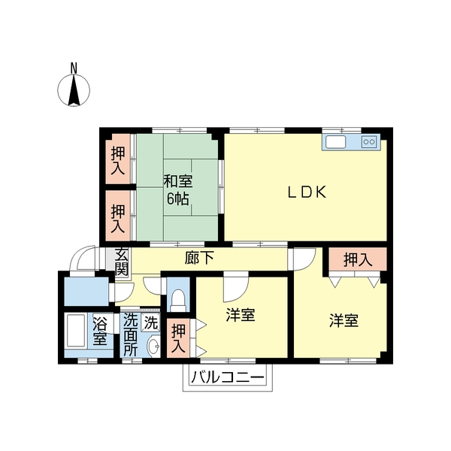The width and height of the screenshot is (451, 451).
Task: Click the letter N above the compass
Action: (x=74, y=68)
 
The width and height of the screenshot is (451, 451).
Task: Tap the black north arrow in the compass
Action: (x=74, y=90)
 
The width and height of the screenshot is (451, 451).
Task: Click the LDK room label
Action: (x=307, y=192)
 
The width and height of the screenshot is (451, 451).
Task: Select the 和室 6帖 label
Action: (x=178, y=190)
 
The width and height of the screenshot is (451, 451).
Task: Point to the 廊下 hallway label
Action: (x=199, y=258)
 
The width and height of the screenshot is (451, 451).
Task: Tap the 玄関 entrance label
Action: (x=121, y=262)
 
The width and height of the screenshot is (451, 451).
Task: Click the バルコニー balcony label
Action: (x=228, y=377)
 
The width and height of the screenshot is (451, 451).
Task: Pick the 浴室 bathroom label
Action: (x=100, y=331)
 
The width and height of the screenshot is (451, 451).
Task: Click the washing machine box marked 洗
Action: (x=151, y=322)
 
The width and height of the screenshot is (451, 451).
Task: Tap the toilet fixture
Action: (x=178, y=301)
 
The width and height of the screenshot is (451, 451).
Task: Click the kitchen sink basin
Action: (x=335, y=142)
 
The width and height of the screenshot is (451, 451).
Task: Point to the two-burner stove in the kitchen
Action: (x=369, y=141)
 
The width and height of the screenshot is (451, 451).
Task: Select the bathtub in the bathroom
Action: (x=76, y=331)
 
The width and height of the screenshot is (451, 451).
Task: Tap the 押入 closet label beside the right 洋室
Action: (x=358, y=260)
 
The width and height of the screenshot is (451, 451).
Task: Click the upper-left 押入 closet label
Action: (x=118, y=160)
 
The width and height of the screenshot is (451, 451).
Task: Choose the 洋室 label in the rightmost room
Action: (x=344, y=320)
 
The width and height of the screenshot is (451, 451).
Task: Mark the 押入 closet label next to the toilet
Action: (x=178, y=338)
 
